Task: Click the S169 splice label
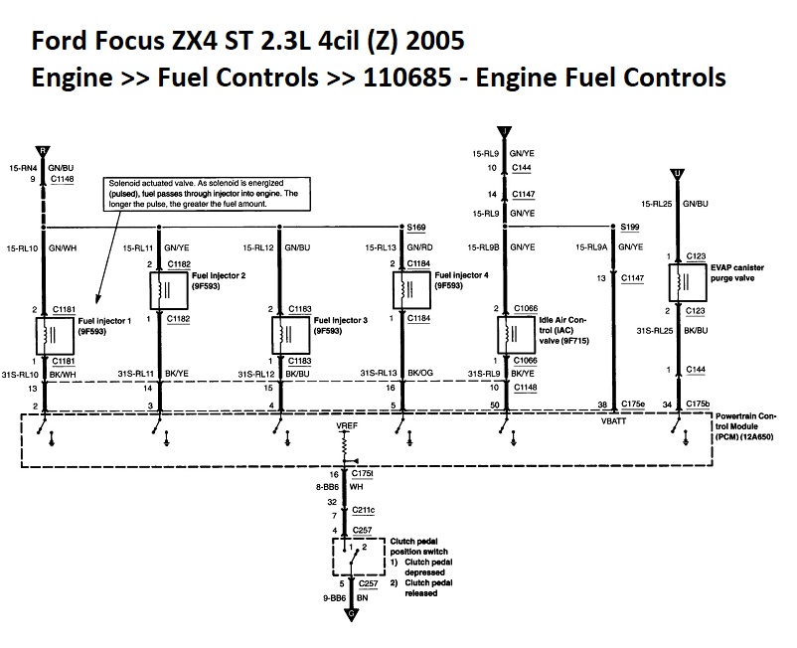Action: [417, 227]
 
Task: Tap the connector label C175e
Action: [634, 405]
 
